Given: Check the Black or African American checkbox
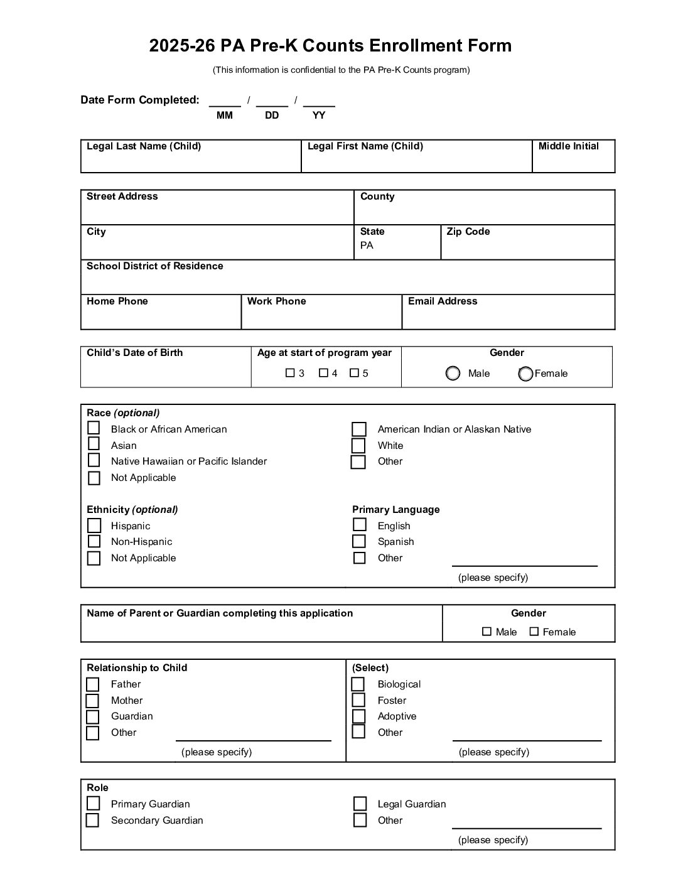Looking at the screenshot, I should point(94,428).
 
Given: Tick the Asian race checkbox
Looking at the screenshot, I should point(94,444).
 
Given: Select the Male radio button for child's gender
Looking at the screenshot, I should point(453,374).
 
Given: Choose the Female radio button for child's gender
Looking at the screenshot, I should point(525,374).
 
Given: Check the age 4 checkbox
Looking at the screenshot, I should point(323,373).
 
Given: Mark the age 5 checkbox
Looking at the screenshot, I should point(354,373).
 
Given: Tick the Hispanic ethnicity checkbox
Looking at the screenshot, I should point(94,525).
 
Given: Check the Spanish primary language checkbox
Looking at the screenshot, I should point(359,541).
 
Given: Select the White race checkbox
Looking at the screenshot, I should point(358,446).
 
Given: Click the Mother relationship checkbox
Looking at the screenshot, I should point(93,701).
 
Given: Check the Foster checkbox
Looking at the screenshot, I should point(358,700).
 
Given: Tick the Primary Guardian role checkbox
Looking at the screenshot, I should point(94,804).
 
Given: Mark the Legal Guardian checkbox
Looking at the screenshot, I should point(360,804).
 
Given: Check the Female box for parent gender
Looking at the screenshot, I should point(534,632).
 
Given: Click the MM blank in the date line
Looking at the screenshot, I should point(225,102).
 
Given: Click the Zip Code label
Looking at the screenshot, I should point(468,232).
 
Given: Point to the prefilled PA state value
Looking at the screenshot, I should point(367,245).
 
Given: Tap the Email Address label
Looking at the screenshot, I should point(443,301).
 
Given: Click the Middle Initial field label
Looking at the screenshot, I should point(568,146).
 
